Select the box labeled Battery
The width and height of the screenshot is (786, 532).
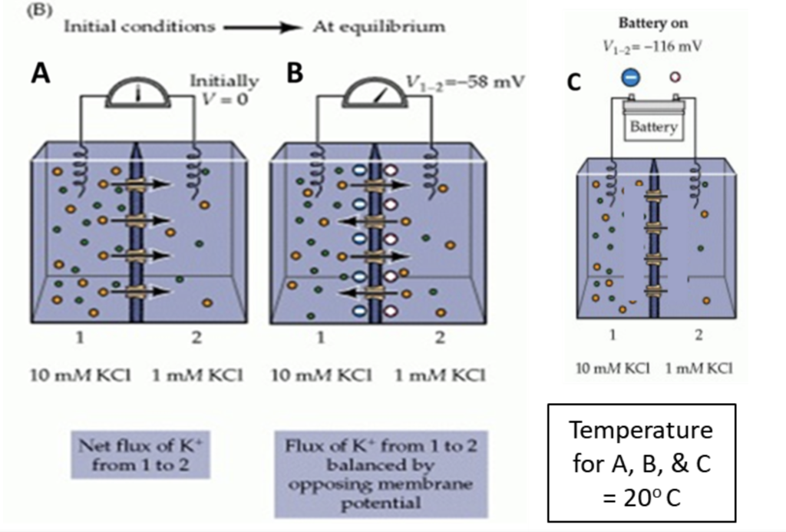coord(653,127)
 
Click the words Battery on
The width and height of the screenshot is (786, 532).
coord(654,23)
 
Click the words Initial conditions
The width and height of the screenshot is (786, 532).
coord(139,27)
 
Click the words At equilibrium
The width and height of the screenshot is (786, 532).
coord(378,27)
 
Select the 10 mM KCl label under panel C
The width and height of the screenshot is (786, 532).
coord(613,368)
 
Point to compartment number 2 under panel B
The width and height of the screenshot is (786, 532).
coord(439,336)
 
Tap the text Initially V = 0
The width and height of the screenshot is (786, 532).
coord(224,88)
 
